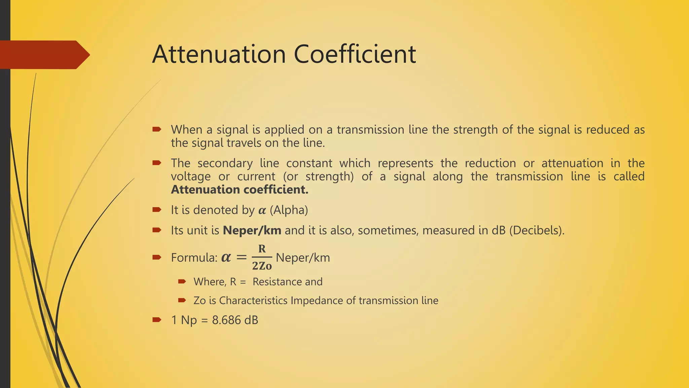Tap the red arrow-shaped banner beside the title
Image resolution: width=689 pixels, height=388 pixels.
tap(44, 55)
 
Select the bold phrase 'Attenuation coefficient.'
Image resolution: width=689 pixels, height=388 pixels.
tap(240, 190)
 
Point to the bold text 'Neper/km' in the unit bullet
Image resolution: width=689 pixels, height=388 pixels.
tap(252, 230)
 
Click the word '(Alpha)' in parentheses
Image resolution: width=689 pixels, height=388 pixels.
tap(289, 210)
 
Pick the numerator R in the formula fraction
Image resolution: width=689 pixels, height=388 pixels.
tap(262, 249)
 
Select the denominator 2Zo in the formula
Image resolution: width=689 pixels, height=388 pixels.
tap(262, 266)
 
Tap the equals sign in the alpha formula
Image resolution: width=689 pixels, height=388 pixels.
tap(241, 258)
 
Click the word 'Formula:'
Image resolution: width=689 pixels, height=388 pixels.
tap(194, 258)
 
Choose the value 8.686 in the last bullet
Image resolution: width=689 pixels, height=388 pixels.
tap(226, 320)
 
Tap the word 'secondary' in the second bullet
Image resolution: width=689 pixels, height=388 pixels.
tap(225, 163)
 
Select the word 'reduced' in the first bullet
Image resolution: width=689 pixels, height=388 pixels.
tap(608, 130)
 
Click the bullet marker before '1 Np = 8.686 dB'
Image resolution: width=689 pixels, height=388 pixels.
tap(157, 319)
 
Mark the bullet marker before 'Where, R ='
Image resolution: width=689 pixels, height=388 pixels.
tap(182, 281)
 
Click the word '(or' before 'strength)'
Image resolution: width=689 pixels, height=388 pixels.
tap(291, 176)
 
